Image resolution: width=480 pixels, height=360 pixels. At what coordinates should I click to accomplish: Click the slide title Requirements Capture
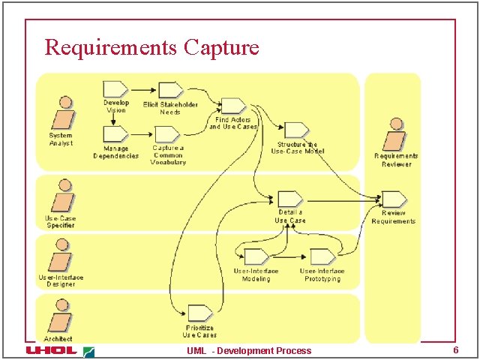(x=151, y=47)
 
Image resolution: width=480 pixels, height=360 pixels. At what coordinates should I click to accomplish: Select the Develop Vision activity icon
(x=115, y=88)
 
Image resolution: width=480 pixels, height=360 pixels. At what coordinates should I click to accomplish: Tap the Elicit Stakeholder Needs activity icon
(x=169, y=89)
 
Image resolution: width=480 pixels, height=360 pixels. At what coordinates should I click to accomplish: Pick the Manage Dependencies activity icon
(x=115, y=133)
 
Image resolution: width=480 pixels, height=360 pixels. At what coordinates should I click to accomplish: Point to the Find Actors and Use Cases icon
(x=232, y=106)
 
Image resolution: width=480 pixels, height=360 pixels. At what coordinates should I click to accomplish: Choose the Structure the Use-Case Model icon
(x=296, y=130)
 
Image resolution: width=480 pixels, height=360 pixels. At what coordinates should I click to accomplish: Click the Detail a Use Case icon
(x=289, y=198)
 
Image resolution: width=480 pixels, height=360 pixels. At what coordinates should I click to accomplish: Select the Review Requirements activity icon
(x=393, y=199)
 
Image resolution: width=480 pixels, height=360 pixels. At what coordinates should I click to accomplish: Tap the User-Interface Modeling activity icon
(x=256, y=256)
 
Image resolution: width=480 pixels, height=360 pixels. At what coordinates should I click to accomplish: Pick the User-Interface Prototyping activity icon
(x=322, y=256)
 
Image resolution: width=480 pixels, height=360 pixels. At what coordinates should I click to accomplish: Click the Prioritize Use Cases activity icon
(x=199, y=313)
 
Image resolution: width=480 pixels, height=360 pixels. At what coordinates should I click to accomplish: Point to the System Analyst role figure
(x=61, y=114)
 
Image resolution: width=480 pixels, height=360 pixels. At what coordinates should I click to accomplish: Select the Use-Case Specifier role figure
(x=61, y=197)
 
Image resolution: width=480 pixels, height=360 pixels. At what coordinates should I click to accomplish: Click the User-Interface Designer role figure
(x=61, y=257)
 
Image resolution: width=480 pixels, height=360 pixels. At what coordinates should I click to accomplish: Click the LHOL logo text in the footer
(x=51, y=350)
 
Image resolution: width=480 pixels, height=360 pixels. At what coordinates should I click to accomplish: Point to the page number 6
(x=454, y=350)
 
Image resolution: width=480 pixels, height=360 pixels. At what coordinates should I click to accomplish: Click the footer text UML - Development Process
(x=249, y=351)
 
